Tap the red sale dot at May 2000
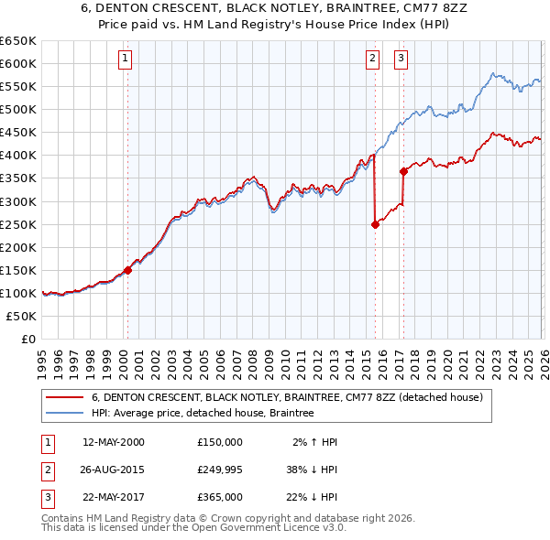(x=128, y=270)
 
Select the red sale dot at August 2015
(x=375, y=224)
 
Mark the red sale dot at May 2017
(x=403, y=171)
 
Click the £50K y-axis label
(x=22, y=316)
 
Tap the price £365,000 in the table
(x=220, y=497)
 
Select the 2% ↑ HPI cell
(x=314, y=442)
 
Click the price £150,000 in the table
(x=220, y=442)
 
